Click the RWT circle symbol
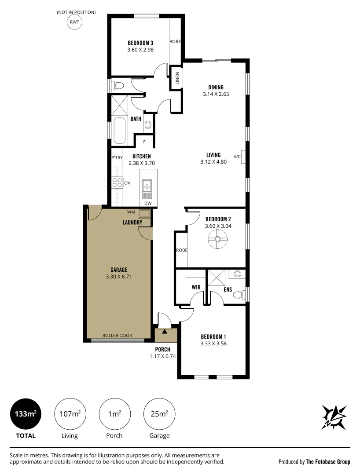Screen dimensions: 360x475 74,22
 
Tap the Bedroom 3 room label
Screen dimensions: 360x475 140,43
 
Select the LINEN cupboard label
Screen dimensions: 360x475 177,78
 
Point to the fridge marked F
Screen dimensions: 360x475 144,142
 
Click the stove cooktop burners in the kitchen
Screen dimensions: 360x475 117,183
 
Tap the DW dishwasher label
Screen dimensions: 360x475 148,203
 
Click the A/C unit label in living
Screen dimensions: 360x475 237,157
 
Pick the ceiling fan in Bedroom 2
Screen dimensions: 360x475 217,239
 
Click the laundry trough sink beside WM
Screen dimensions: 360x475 144,214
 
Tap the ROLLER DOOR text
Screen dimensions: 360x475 117,335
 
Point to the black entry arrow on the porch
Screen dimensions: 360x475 164,332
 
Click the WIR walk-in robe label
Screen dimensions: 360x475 196,287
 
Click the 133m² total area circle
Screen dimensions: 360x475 26,414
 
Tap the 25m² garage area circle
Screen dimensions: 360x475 159,414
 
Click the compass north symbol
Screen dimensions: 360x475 334,417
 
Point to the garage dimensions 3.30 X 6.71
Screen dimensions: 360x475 119,277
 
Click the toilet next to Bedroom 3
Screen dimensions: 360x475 118,85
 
